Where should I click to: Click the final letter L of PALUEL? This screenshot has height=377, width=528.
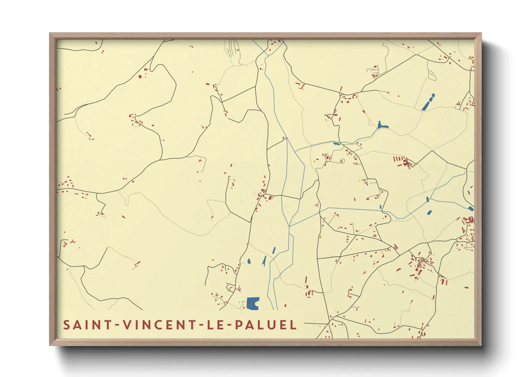point(294,325)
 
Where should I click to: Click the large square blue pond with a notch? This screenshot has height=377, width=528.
point(253,303)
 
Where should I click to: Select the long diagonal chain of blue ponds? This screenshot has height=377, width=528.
point(428,102)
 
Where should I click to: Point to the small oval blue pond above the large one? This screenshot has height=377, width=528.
point(249,261)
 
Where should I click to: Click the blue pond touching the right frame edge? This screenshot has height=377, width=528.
point(471,208)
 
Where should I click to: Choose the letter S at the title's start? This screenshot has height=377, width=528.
point(66,325)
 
